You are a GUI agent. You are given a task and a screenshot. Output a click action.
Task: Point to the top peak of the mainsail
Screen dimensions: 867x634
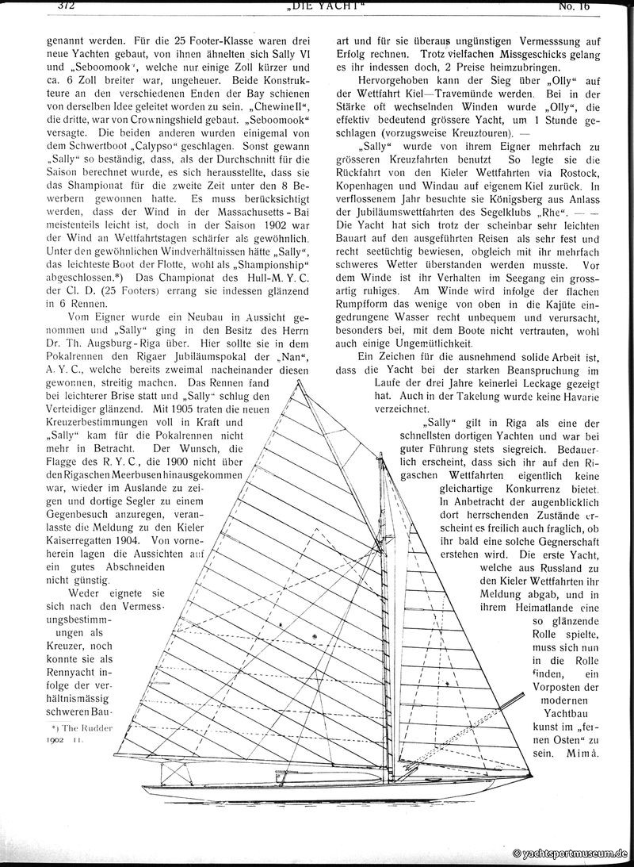tap(298, 381)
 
